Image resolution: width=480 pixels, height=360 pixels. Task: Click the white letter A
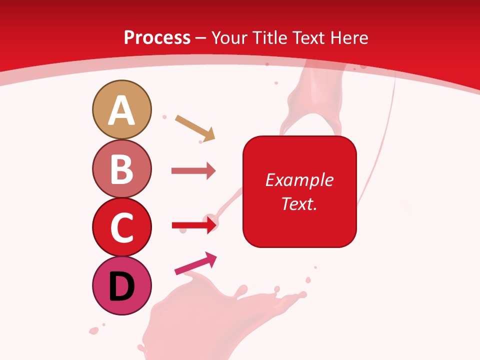pos(121,111)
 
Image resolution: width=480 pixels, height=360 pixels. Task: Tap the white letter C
pos(121,227)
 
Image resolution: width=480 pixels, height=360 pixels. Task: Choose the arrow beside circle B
pos(193,171)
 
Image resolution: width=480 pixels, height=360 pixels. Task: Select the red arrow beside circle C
pos(193,226)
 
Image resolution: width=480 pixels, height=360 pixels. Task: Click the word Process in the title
pos(157,38)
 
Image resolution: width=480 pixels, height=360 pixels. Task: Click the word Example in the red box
pos(299,180)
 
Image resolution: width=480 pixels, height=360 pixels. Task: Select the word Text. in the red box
pos(299,204)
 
